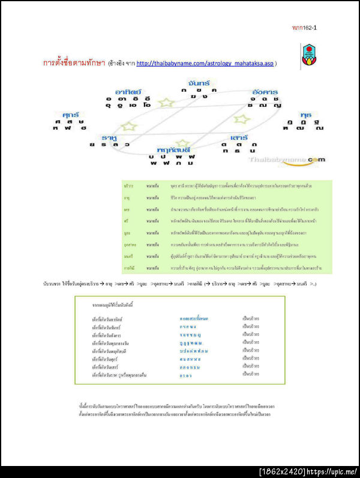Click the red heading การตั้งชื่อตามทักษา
pyautogui.click(x=74, y=63)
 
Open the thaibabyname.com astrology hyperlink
pyautogui.click(x=205, y=63)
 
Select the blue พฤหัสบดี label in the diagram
pyautogui.click(x=173, y=148)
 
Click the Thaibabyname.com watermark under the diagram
pyautogui.click(x=285, y=160)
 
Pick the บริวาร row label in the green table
pyautogui.click(x=128, y=186)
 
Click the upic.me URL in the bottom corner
pyautogui.click(x=340, y=471)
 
